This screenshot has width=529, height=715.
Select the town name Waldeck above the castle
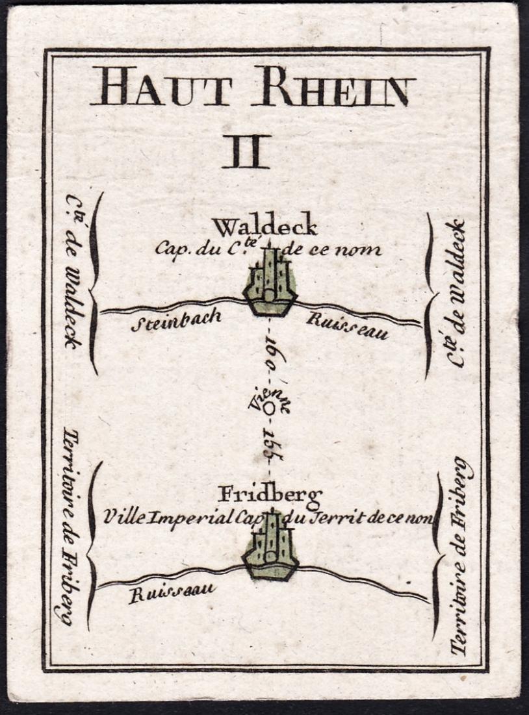click(x=265, y=227)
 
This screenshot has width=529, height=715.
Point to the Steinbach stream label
click(x=176, y=320)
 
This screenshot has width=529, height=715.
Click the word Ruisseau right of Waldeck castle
click(x=348, y=326)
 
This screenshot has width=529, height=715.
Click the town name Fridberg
click(x=269, y=496)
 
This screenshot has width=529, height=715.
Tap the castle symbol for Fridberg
click(x=270, y=549)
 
